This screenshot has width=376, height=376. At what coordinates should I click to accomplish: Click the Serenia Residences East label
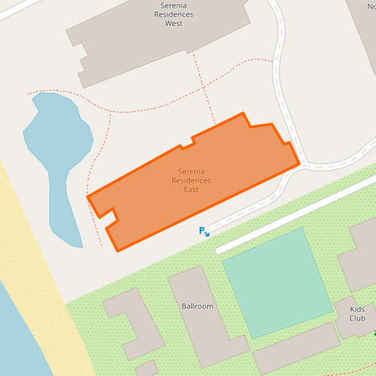tap(190, 181)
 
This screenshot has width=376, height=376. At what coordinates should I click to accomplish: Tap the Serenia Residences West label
tap(174, 14)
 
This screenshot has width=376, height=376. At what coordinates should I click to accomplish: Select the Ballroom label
tap(197, 306)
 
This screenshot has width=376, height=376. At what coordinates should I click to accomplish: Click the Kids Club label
tap(357, 313)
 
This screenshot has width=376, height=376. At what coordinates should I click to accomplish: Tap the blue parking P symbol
tap(202, 231)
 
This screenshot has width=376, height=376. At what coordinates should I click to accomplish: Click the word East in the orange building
tap(190, 190)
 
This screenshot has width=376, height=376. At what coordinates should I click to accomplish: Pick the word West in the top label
tap(174, 23)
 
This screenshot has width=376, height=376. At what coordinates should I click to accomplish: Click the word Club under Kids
tap(357, 318)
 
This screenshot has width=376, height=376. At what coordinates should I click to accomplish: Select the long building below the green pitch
tap(296, 348)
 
